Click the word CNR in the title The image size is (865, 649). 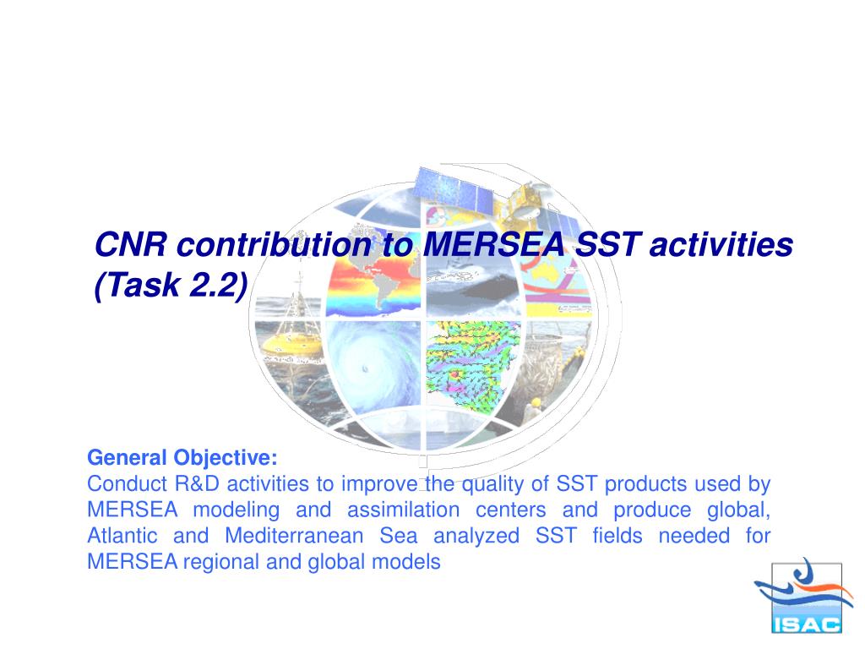point(131,244)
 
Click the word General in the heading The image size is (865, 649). point(127,457)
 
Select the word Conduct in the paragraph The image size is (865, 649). point(127,484)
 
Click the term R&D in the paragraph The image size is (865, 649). point(197,484)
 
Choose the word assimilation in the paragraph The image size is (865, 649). point(403,510)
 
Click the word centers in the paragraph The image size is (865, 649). point(511,510)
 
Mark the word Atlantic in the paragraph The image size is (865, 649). point(122,536)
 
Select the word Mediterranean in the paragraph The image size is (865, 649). point(294,536)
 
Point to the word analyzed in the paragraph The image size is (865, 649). point(476,537)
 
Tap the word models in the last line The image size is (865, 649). point(406,562)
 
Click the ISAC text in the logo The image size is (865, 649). point(807,624)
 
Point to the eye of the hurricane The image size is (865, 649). point(364,368)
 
